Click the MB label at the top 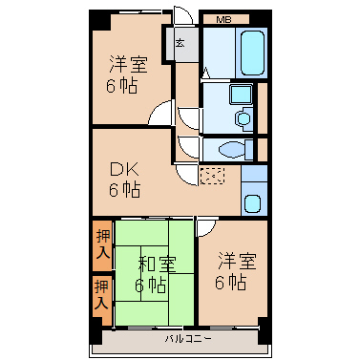[x=223, y=20]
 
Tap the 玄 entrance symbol [x=180, y=42]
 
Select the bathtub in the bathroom [x=252, y=53]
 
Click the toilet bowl [x=231, y=149]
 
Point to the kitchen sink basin [x=252, y=203]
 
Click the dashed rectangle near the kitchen [x=212, y=176]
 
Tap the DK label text [x=124, y=170]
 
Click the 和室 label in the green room [x=157, y=264]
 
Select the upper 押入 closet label [x=103, y=244]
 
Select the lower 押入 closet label [x=102, y=294]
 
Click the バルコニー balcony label [x=187, y=339]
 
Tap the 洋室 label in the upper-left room [x=129, y=65]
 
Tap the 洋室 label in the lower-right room [x=237, y=262]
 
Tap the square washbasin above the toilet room [x=241, y=95]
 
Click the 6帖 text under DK [x=124, y=190]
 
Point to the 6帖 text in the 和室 [x=150, y=286]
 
